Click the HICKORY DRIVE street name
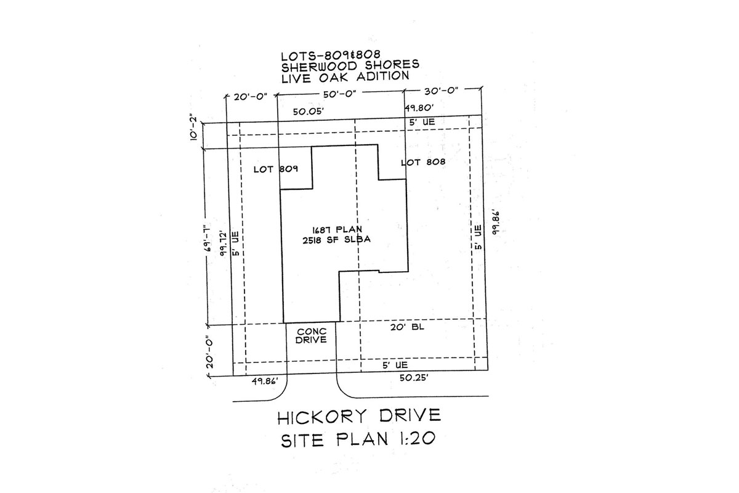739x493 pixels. [359, 417]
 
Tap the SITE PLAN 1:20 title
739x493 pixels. [358, 439]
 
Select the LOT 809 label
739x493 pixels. [276, 169]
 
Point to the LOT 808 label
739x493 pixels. [423, 162]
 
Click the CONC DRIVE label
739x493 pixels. [311, 336]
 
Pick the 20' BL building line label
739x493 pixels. [407, 327]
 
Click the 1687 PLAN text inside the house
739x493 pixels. [337, 229]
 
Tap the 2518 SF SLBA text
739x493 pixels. [336, 240]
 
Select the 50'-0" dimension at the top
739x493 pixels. [340, 94]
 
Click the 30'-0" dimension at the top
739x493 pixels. [441, 91]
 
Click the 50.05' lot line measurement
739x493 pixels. [309, 112]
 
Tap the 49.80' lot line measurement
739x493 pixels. [419, 108]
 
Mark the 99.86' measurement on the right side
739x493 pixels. [495, 222]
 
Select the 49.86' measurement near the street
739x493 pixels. [265, 381]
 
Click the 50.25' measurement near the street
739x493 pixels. [414, 378]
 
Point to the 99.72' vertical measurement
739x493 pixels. [224, 244]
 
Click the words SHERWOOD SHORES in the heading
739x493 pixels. [350, 66]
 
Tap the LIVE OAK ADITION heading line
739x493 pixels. [345, 77]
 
